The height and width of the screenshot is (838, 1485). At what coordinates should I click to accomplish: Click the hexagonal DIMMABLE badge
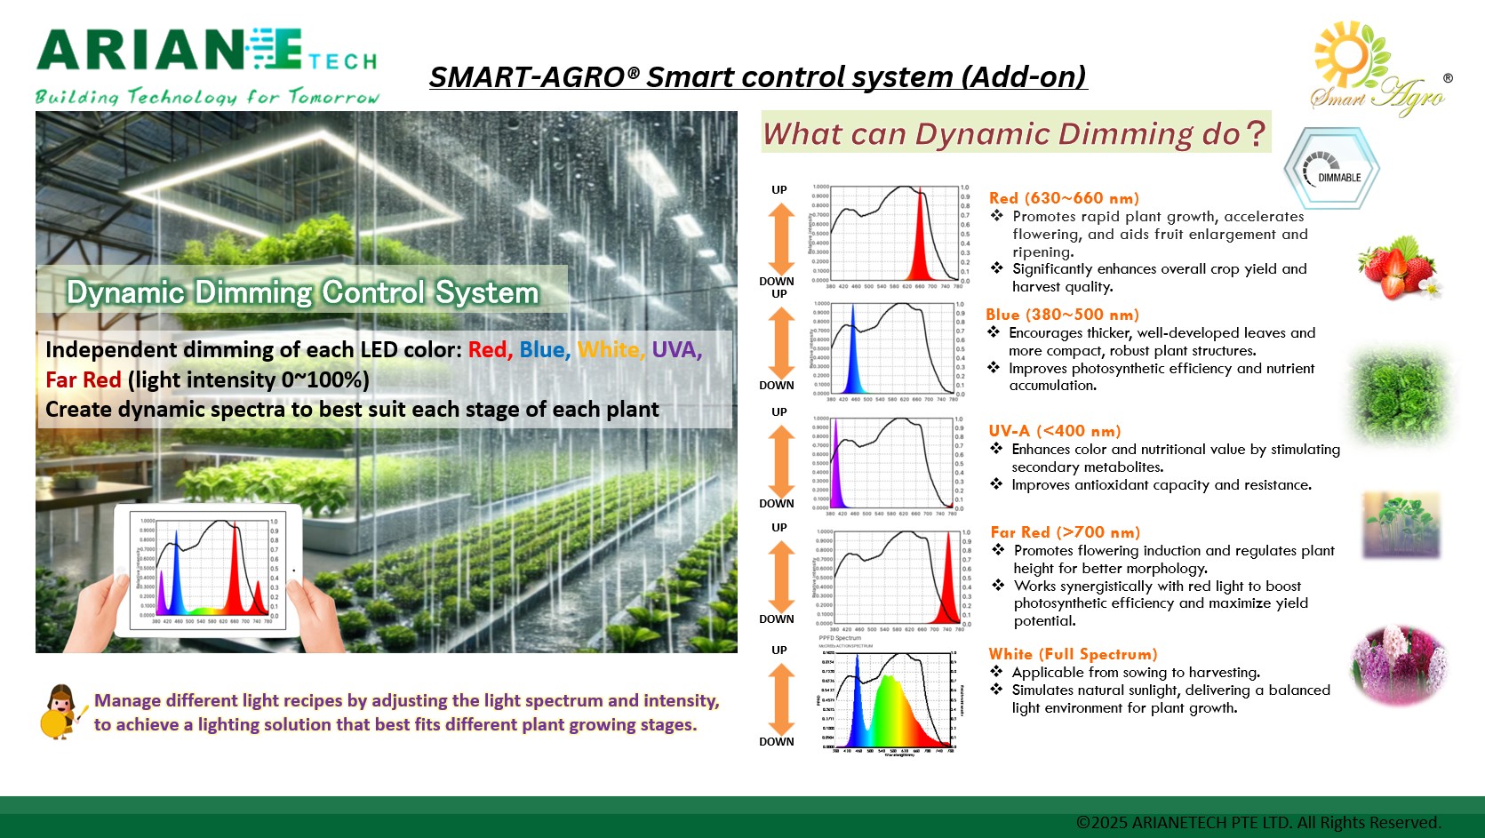pyautogui.click(x=1331, y=169)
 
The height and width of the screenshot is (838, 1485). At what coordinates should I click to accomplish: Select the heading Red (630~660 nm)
pyautogui.click(x=1064, y=198)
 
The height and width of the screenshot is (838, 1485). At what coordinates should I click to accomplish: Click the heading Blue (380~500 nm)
pyautogui.click(x=1062, y=315)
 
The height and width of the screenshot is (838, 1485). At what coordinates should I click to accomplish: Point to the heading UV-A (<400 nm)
pyautogui.click(x=1055, y=431)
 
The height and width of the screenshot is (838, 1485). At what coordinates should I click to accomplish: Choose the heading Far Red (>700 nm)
pyautogui.click(x=1065, y=532)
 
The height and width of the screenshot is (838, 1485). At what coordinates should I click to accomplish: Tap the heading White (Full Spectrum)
pyautogui.click(x=1073, y=654)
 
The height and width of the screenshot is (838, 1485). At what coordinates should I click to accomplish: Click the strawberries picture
pyautogui.click(x=1398, y=267)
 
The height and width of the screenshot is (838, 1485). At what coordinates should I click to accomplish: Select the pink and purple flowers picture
pyautogui.click(x=1400, y=666)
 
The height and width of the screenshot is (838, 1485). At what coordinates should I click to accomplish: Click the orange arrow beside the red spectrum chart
pyautogui.click(x=781, y=238)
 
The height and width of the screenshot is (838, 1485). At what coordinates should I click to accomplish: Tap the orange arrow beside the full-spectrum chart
pyautogui.click(x=781, y=698)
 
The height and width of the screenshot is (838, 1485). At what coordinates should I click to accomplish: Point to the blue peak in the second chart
pyautogui.click(x=853, y=355)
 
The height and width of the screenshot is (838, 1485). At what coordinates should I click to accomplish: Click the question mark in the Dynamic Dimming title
pyautogui.click(x=1255, y=134)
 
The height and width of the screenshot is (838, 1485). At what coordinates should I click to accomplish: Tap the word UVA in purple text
pyautogui.click(x=676, y=350)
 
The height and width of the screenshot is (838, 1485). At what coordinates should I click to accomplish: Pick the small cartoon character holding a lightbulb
pyautogui.click(x=60, y=712)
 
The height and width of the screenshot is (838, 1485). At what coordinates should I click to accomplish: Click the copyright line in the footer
pyautogui.click(x=1257, y=822)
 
